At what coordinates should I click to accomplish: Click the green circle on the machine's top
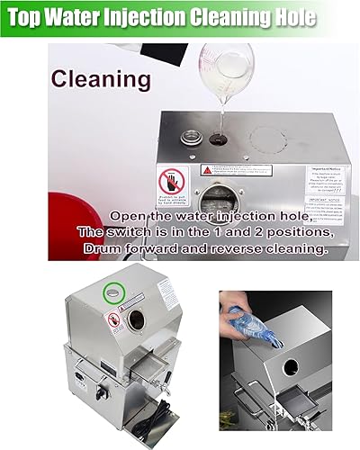click(x=113, y=293)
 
